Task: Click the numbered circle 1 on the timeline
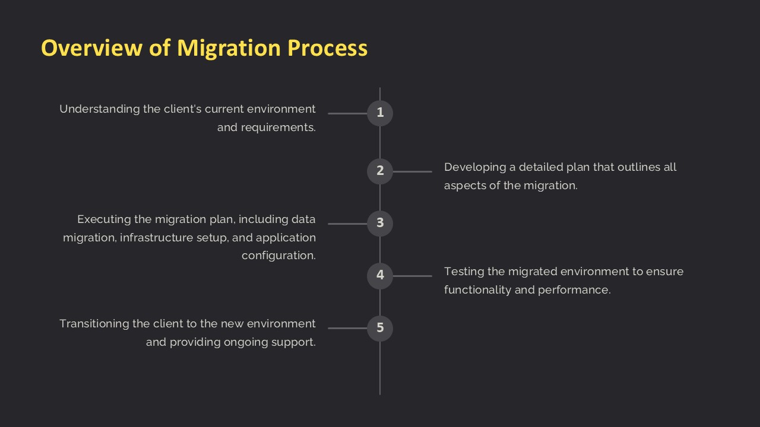click(x=380, y=113)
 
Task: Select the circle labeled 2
click(x=380, y=171)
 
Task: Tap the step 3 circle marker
click(x=380, y=224)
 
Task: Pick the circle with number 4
click(x=380, y=276)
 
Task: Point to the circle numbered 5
click(x=380, y=328)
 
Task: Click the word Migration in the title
click(x=229, y=48)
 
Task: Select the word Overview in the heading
click(x=91, y=47)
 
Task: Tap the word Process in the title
click(x=327, y=47)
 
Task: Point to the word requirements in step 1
click(x=278, y=128)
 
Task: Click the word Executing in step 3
click(x=104, y=219)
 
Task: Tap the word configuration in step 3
click(x=278, y=256)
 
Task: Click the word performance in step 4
click(x=574, y=291)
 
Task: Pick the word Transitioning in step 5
click(x=94, y=324)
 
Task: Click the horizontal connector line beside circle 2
click(x=413, y=171)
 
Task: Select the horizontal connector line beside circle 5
click(x=347, y=328)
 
